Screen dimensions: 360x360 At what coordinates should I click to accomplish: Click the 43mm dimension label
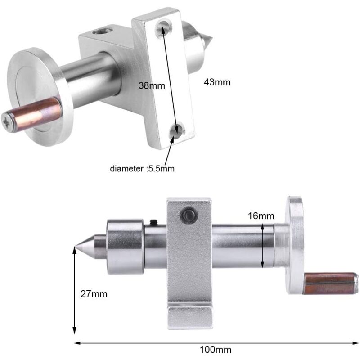coord(217,82)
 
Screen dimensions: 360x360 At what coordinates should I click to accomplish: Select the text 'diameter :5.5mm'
coord(142,169)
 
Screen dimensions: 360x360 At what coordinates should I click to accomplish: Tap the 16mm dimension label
coord(261,216)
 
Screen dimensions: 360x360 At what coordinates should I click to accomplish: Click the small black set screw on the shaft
coord(153,221)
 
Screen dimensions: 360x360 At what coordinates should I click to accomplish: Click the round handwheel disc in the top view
coord(40,94)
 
